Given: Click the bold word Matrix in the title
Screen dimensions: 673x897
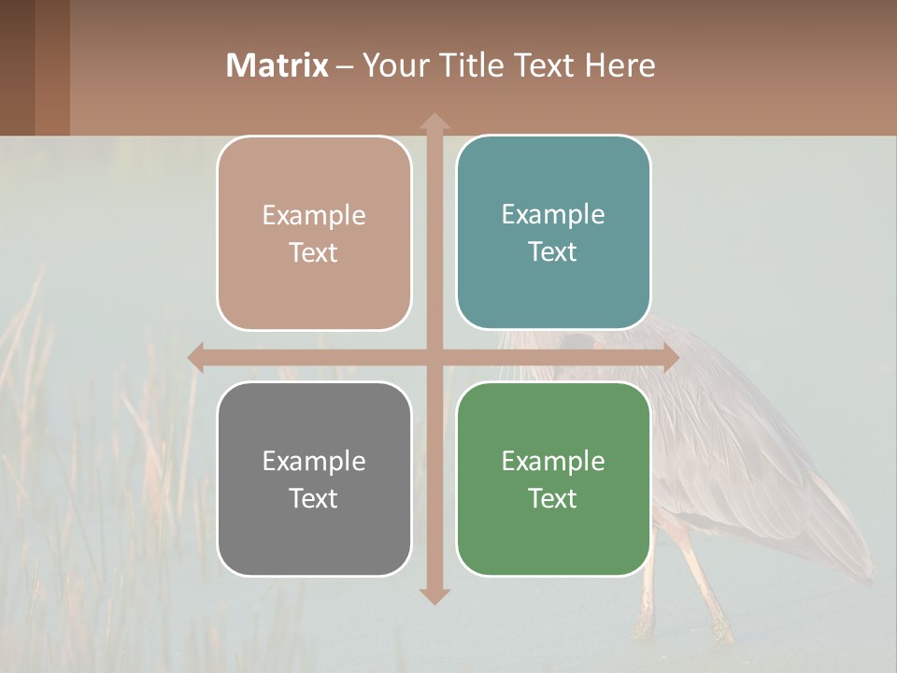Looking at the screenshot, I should point(277,65).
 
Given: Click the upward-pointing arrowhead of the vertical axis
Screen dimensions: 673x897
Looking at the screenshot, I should point(434,122).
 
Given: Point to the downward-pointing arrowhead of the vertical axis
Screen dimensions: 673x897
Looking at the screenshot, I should point(434,595).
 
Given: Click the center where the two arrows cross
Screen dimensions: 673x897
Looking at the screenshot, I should point(434,357).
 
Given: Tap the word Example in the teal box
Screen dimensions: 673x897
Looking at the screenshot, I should point(553,214).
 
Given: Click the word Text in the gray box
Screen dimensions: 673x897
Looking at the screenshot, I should point(313,498).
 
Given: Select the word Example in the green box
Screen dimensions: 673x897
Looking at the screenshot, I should point(553,461).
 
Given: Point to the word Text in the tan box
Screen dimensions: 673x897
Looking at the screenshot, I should point(313,252).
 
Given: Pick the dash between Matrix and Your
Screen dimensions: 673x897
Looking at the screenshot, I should point(345,66).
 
